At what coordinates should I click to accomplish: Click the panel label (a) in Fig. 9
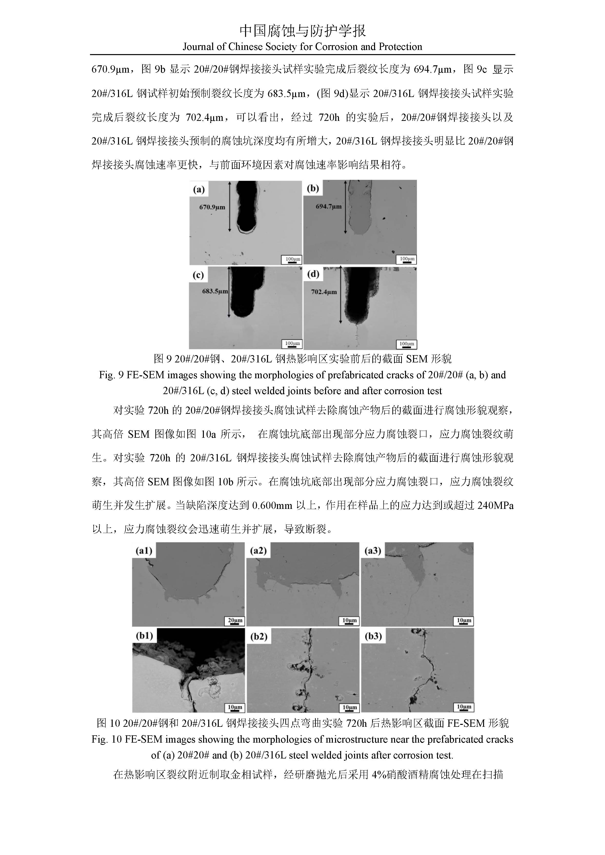[x=198, y=190]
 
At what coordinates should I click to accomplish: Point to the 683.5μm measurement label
[x=215, y=291]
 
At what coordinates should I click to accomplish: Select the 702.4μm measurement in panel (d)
[x=324, y=292]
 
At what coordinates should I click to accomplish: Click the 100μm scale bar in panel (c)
[x=292, y=344]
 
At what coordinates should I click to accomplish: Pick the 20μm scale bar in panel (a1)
[x=235, y=621]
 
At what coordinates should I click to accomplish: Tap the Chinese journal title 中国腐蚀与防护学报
[x=302, y=31]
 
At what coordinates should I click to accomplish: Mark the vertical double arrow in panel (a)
[x=229, y=207]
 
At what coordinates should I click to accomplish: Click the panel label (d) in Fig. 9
[x=313, y=274]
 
